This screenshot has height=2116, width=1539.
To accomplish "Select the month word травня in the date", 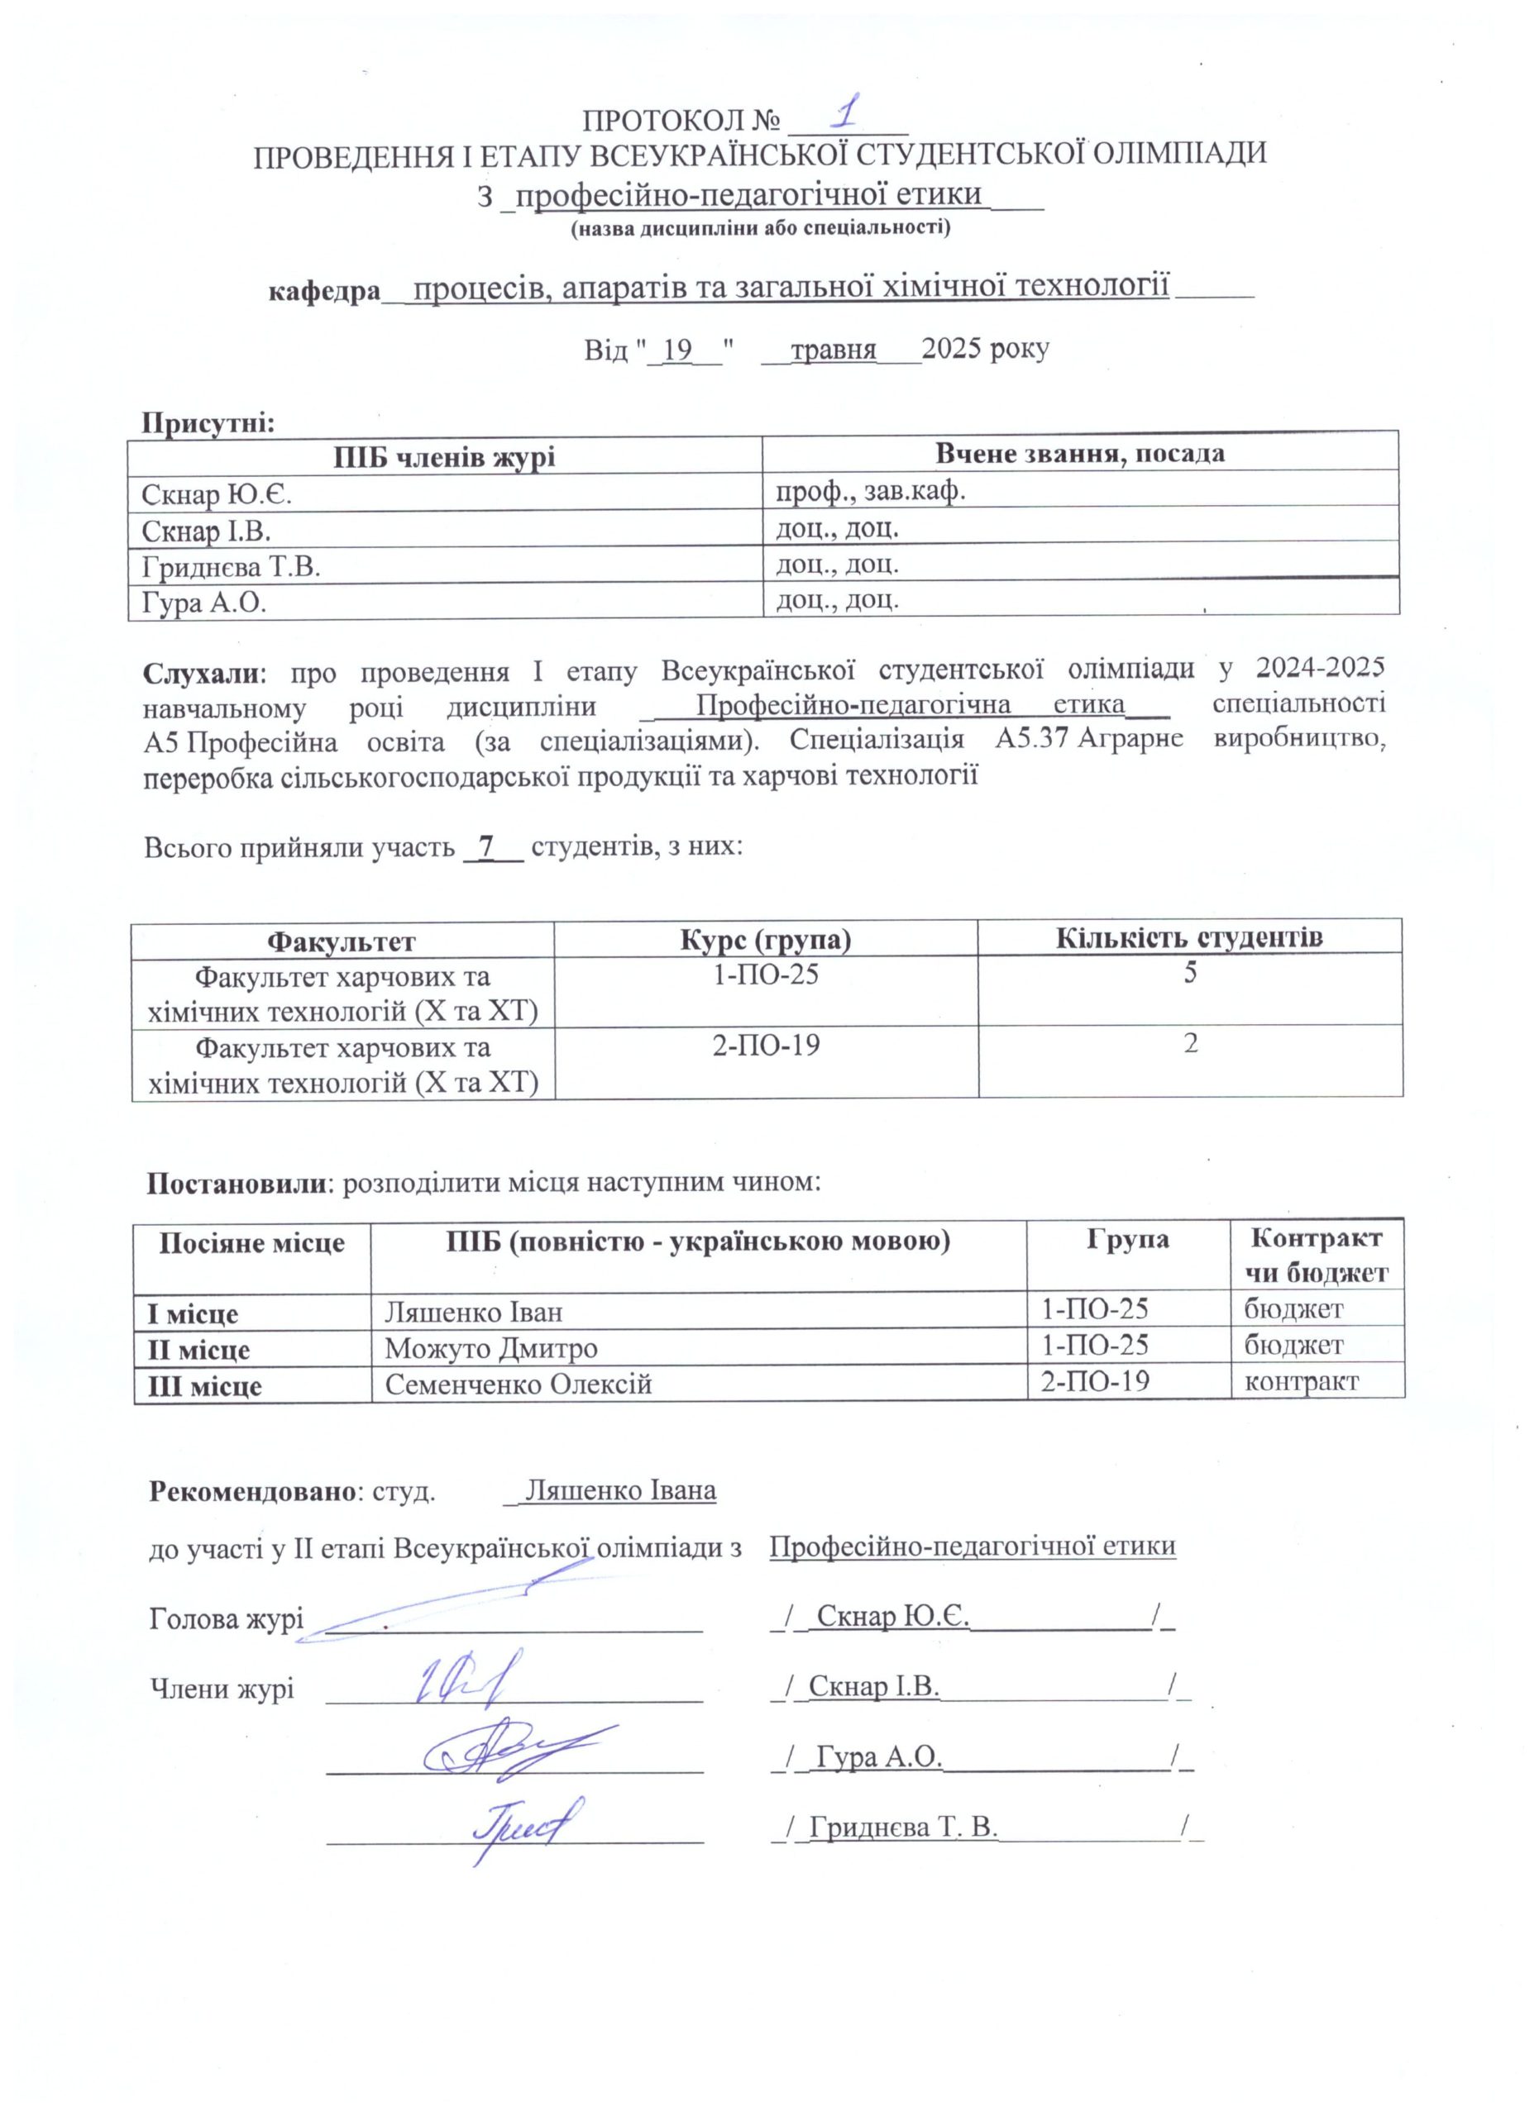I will (834, 350).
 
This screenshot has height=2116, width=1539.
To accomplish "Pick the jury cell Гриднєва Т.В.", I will (231, 567).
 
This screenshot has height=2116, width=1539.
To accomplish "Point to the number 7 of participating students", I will (485, 847).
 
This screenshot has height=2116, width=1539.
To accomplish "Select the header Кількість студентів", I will (1190, 937).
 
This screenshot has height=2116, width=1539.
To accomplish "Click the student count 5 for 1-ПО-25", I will (1190, 973).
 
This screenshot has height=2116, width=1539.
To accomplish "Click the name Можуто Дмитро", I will (491, 1348).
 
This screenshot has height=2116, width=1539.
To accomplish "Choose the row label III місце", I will (204, 1385).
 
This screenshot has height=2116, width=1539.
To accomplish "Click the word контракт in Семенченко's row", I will (1300, 1382).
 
